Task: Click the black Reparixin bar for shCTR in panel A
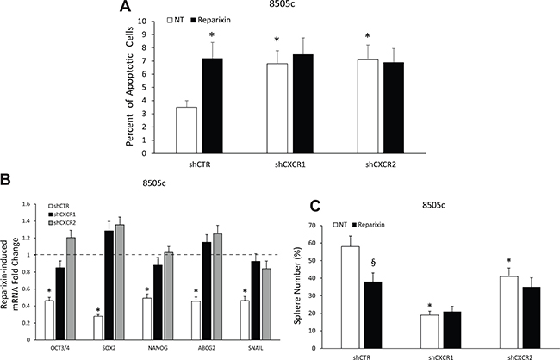pos(213,106)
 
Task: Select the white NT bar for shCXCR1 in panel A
pos(277,109)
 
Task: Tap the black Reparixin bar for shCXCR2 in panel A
pos(394,108)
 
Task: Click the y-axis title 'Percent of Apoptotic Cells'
pos(129,86)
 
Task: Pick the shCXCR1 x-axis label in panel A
pos(289,165)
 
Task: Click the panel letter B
pos(5,179)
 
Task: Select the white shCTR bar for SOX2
pos(98,328)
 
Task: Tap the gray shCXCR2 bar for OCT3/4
pos(71,289)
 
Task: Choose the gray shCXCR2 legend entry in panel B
pos(59,222)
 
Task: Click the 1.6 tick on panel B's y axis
pos(27,204)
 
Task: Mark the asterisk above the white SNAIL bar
pos(245,290)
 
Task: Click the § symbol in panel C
pos(373,263)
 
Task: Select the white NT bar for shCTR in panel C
pos(351,297)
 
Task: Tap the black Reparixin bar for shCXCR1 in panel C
pos(453,330)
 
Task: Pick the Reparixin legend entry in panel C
pos(369,225)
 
